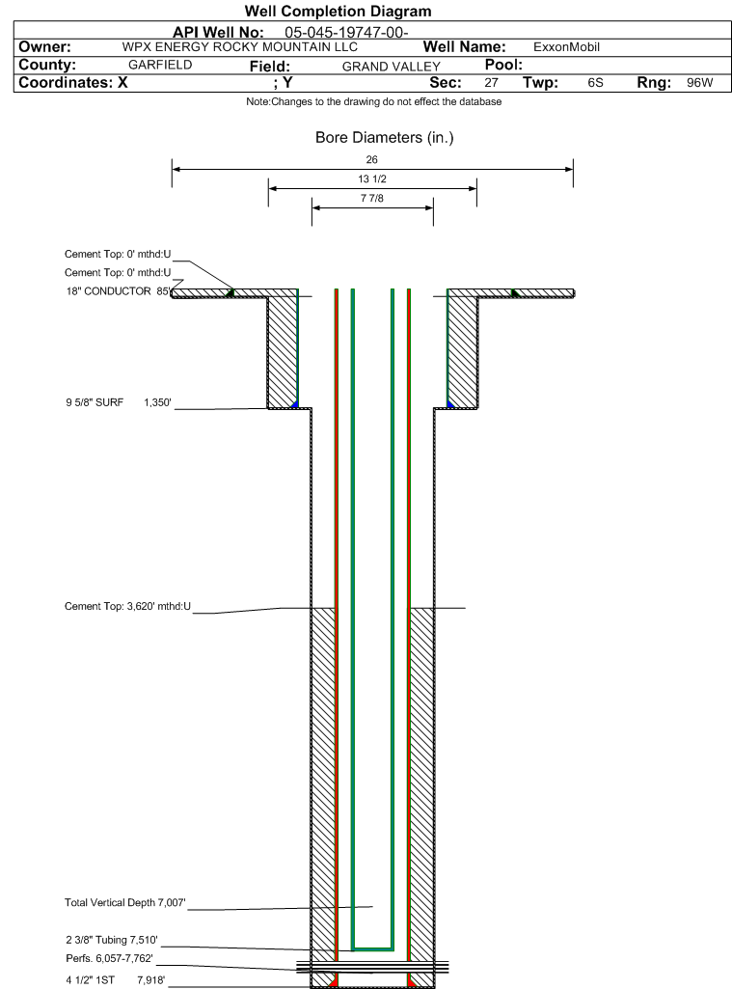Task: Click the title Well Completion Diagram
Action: point(338,11)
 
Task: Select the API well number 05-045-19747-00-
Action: point(346,32)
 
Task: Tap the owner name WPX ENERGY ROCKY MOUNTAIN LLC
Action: point(239,46)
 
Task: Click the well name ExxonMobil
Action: point(566,46)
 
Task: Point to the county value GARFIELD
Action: point(160,65)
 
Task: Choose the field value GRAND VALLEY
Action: point(391,67)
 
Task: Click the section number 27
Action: point(491,83)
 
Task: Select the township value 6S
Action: point(595,83)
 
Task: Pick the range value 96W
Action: point(700,83)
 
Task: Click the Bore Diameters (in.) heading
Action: point(385,138)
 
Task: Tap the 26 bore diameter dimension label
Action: point(372,159)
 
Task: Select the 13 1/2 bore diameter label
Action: point(372,179)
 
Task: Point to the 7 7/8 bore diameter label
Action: point(372,198)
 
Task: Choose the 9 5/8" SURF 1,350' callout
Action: point(119,402)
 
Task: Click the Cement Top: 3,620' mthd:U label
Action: point(127,606)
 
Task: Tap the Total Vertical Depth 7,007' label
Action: point(124,902)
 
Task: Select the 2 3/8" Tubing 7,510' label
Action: point(112,940)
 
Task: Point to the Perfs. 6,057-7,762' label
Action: point(109,958)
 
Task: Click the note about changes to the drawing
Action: point(374,101)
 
